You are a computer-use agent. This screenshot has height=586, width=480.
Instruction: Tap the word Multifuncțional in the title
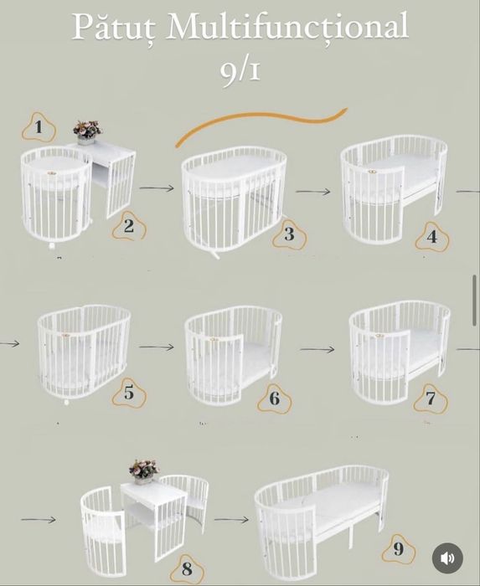tap(286, 27)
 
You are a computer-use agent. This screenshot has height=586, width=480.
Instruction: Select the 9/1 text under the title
tap(240, 71)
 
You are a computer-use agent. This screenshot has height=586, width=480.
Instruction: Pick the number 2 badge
tap(129, 225)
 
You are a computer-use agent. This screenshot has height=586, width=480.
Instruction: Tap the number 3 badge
tap(289, 234)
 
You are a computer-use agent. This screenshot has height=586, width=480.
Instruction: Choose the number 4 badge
tap(432, 236)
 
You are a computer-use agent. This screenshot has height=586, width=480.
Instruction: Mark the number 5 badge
tap(129, 393)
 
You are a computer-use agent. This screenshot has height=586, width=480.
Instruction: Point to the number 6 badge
tap(275, 398)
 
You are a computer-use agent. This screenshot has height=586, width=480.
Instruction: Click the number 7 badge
tap(431, 398)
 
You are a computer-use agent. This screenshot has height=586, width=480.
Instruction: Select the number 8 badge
tap(188, 568)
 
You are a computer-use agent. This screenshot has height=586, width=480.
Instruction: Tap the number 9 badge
tap(399, 548)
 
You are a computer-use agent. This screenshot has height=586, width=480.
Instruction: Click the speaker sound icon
tap(447, 558)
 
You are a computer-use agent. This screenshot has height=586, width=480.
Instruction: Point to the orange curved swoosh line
tap(261, 119)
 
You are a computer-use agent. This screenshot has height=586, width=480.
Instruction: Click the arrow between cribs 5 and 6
tap(157, 347)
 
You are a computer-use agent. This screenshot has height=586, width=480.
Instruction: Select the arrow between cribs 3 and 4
tap(313, 192)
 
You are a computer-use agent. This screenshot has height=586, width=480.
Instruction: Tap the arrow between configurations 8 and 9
tap(231, 519)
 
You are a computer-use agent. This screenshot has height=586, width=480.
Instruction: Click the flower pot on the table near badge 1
tap(87, 132)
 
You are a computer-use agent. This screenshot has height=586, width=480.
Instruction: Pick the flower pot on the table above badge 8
tap(144, 471)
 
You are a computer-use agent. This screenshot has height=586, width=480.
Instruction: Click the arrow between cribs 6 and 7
tap(317, 349)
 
